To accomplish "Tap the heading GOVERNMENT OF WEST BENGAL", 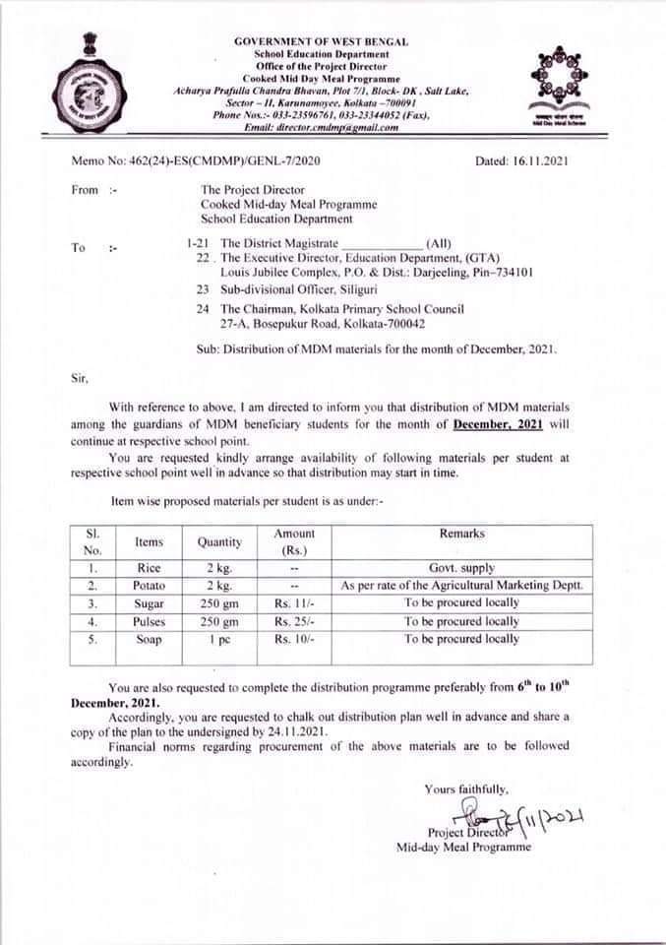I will click(x=321, y=42).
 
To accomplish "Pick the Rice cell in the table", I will click(x=149, y=568).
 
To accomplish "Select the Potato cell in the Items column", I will click(x=149, y=586).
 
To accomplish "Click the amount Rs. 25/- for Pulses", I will click(x=294, y=621).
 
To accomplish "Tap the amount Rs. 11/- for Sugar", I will click(x=294, y=603).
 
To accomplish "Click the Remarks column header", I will click(x=461, y=534).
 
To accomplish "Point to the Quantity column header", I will click(x=218, y=541).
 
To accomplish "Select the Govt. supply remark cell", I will click(x=461, y=568).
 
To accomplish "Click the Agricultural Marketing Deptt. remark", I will click(x=461, y=586).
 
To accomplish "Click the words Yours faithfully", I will click(x=466, y=788).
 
